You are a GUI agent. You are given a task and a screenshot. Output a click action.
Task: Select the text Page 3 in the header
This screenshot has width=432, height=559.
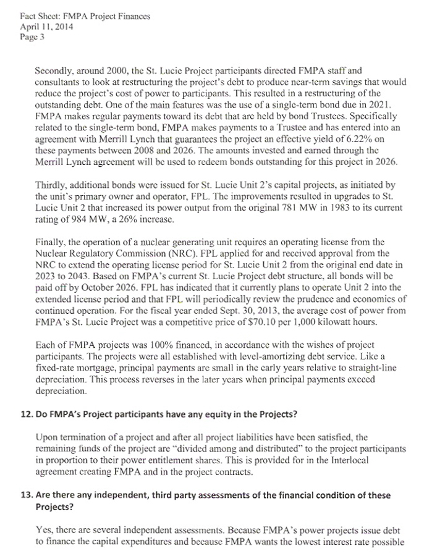pyautogui.click(x=29, y=36)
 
